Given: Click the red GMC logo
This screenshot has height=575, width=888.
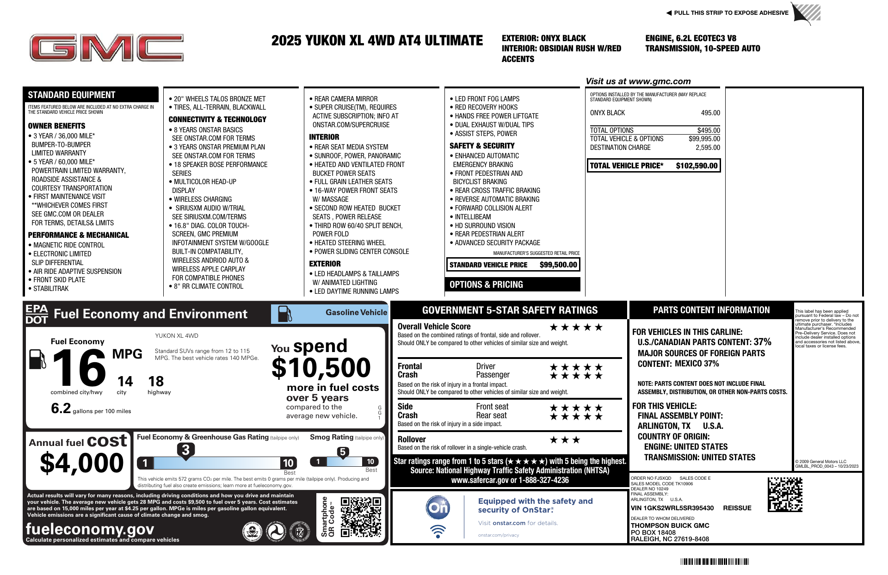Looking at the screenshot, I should coord(106,48).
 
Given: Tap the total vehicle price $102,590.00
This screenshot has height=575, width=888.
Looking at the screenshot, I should coord(697,166).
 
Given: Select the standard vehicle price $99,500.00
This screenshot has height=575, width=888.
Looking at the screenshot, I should coord(558,265).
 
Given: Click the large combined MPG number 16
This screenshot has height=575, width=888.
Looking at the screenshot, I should coord(79,368).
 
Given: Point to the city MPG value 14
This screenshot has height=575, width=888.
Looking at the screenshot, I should coord(125,381).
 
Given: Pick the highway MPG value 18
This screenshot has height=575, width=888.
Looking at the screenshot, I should coord(156,381).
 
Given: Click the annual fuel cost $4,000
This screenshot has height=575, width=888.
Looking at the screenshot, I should coord(82,463).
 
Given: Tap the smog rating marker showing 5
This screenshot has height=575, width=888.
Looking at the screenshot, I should coord(343,452).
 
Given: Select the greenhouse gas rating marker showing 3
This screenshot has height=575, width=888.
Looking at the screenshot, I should coord(185,450).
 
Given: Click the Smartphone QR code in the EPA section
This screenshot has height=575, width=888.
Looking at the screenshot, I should coord(361,517).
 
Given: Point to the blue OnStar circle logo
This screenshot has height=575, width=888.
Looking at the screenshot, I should coord(438,507).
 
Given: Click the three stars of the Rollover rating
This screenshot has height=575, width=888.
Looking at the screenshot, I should coord(565,440).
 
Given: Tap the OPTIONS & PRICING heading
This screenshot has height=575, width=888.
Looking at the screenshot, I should coord(486,284).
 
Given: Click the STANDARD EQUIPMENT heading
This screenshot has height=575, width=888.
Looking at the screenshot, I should coord(72,95).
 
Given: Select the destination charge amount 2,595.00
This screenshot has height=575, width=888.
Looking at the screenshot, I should coord(708,148).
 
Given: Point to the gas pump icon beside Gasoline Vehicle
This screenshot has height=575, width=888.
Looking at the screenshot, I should coord(284,314).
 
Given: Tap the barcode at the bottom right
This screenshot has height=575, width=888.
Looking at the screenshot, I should coord(715,562).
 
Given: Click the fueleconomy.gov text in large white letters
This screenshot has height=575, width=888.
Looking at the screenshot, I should coord(90,529).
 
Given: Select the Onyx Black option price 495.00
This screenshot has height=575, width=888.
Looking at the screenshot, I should coord(710,113).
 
